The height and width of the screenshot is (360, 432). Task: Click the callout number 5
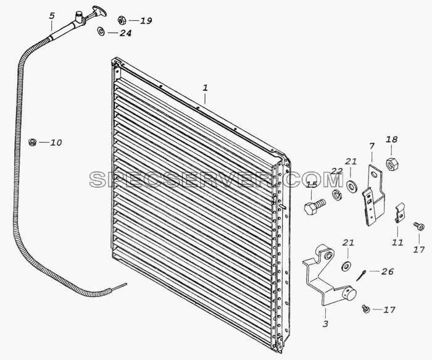coord(52,15)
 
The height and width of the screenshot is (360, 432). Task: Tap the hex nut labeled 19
coord(122,20)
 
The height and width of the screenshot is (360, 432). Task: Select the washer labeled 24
coord(101,31)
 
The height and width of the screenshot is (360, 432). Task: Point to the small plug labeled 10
coord(33,142)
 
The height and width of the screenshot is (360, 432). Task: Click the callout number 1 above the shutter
coord(205,88)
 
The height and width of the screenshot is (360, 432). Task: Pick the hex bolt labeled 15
coord(315,206)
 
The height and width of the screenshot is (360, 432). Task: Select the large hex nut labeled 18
coord(391,164)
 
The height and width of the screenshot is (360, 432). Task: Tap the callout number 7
coord(372,146)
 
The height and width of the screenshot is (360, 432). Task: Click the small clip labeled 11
coord(400,212)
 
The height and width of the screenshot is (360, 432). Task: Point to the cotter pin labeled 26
coord(360,275)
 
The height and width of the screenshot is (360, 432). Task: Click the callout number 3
coord(325,324)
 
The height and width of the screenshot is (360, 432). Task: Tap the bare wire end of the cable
coord(118,287)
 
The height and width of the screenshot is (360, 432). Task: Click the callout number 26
coord(387,271)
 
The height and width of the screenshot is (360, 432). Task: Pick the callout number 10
coord(56,143)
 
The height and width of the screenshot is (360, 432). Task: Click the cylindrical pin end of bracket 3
coord(349,293)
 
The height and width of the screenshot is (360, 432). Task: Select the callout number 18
coord(391,139)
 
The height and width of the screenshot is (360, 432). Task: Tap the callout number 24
coord(125,33)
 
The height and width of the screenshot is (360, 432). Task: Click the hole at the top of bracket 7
coord(374,174)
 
